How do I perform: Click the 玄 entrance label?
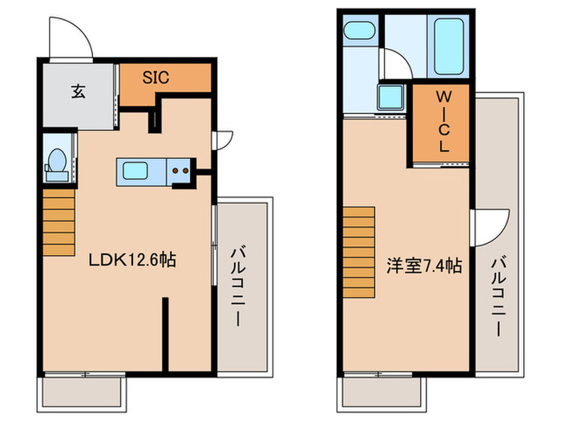click(78, 91)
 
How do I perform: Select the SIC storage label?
click(155, 78)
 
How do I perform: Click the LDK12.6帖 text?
click(132, 259)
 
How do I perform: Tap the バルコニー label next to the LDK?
click(239, 284)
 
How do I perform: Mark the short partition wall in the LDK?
click(166, 334)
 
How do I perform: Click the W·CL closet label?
click(442, 122)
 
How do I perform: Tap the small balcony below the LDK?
click(83, 391)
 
